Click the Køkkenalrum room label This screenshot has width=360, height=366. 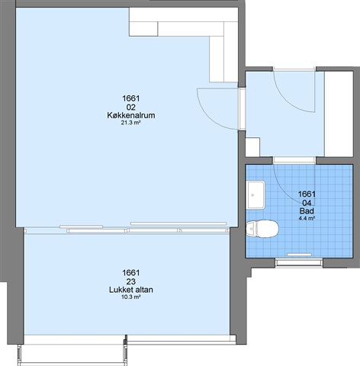point(131,115)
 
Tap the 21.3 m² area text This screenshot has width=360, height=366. point(131,123)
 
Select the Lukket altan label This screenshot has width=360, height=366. point(131,290)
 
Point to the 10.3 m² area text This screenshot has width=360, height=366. point(131,297)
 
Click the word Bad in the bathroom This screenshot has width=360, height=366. point(307,210)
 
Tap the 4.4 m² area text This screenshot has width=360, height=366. point(307,218)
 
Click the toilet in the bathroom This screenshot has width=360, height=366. point(262,229)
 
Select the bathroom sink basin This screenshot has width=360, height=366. point(256,195)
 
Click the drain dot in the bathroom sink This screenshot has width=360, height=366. point(252,195)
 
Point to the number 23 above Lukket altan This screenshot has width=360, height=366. point(131,281)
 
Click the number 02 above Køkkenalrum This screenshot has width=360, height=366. point(131,107)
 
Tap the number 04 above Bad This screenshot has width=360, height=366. point(307,203)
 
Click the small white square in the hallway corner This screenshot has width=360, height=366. point(252,147)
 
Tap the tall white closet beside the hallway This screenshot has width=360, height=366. point(339,114)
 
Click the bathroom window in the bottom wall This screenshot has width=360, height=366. point(299,262)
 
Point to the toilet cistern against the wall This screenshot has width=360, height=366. point(251,229)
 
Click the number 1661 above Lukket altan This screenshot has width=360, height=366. point(131,273)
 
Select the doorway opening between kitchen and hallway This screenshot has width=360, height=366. point(242,109)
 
